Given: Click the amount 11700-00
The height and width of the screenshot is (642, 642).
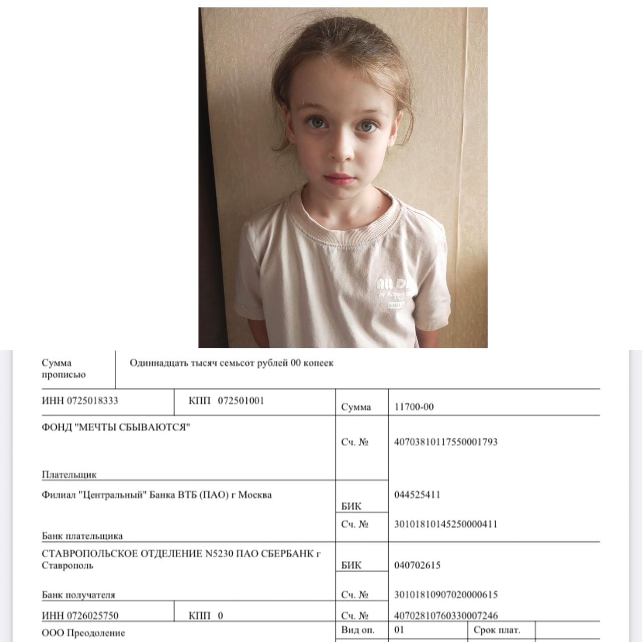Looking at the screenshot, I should coord(414,407).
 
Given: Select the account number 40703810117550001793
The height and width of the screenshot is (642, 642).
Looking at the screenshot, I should coord(446,442).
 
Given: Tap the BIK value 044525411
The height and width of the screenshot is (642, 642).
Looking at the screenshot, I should coord(417,495).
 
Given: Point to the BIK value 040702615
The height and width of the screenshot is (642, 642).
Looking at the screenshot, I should coord(417,565).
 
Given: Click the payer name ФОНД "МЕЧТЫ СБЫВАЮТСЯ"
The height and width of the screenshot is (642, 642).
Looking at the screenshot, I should coord(116,427).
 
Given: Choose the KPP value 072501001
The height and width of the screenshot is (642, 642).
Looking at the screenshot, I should coord(241,401).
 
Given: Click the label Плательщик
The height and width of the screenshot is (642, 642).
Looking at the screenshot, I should coord(69,474).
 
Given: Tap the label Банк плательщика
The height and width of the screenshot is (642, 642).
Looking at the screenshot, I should coord(82,536).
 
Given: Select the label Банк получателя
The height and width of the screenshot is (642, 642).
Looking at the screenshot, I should coord(78,595).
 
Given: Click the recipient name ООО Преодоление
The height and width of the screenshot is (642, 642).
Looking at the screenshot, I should coord(83,633).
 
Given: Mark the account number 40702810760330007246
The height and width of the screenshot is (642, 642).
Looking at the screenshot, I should coord(446,615).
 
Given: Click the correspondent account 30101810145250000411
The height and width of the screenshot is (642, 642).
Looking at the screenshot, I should coord(446,524).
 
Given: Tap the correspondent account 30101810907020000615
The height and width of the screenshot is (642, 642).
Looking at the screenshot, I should coord(446,595).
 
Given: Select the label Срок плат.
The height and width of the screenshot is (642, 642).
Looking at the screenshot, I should coord(497,630).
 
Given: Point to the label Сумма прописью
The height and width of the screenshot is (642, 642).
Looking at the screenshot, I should coord(64,369).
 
